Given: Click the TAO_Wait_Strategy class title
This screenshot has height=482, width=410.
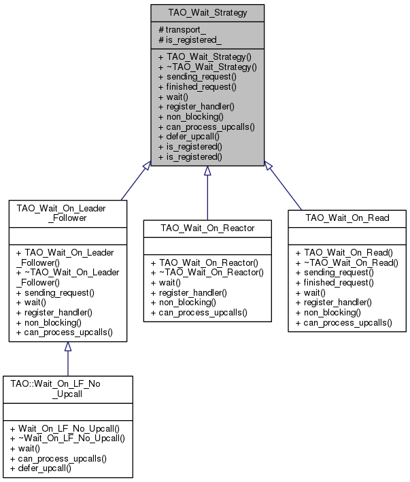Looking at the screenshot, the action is point(207,13).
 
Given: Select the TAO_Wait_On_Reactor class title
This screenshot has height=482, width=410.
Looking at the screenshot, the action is point(207,228).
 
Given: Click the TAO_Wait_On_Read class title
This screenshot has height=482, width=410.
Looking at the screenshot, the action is point(347,218).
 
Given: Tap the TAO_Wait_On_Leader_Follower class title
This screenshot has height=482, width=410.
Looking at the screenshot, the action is point(61,213).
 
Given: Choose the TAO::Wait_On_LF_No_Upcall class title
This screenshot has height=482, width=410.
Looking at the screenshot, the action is point(55,389).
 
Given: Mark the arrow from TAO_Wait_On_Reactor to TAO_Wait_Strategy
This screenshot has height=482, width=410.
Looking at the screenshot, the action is point(207,193).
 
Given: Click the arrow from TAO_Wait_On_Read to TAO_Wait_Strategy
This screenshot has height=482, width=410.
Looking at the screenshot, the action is point(283,186).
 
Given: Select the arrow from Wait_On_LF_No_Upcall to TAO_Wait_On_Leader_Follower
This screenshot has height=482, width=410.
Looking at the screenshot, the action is point(68,359).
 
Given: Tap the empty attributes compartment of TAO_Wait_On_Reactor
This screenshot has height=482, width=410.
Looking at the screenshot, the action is point(207,246).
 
